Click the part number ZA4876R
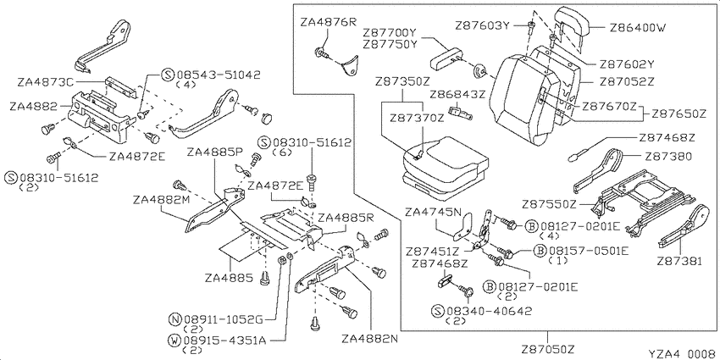pos(328,22)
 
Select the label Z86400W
pos(637,28)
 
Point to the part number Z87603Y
pos(483,25)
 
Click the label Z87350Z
pos(402,82)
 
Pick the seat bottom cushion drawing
pos(445,168)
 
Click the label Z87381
pos(679,261)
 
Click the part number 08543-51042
pos(218,75)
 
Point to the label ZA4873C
pos(46,82)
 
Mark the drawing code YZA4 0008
pos(681,353)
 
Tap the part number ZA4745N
pos(432,212)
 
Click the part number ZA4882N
pos(369,340)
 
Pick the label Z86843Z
pos(457,95)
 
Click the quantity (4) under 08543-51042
pos(186,85)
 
